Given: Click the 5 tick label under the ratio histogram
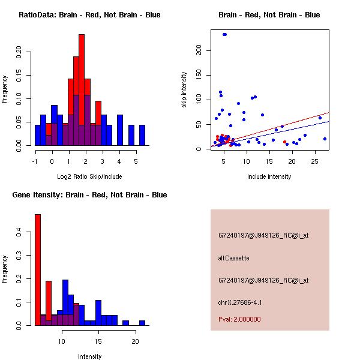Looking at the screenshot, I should click(x=136, y=161).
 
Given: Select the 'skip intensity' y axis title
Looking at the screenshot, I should click(x=185, y=90).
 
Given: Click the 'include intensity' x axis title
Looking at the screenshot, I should click(x=269, y=176).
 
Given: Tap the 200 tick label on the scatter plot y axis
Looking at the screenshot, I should click(x=199, y=52).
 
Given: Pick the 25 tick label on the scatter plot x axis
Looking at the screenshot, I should click(x=315, y=161).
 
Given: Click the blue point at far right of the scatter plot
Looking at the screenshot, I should click(x=325, y=139).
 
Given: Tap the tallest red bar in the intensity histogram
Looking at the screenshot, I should click(x=38, y=270).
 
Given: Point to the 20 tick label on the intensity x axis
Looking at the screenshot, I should click(x=136, y=341).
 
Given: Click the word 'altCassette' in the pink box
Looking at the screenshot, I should click(x=233, y=258).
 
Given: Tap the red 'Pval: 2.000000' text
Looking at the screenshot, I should click(x=239, y=319).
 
